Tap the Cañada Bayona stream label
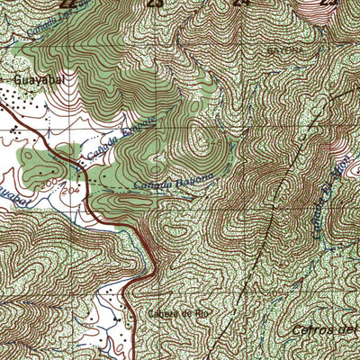tap(175, 181)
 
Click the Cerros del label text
tap(325, 329)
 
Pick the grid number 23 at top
tap(156, 4)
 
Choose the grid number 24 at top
tap(240, 4)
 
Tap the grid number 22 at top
tap(64, 4)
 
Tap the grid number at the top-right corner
tap(329, 4)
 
